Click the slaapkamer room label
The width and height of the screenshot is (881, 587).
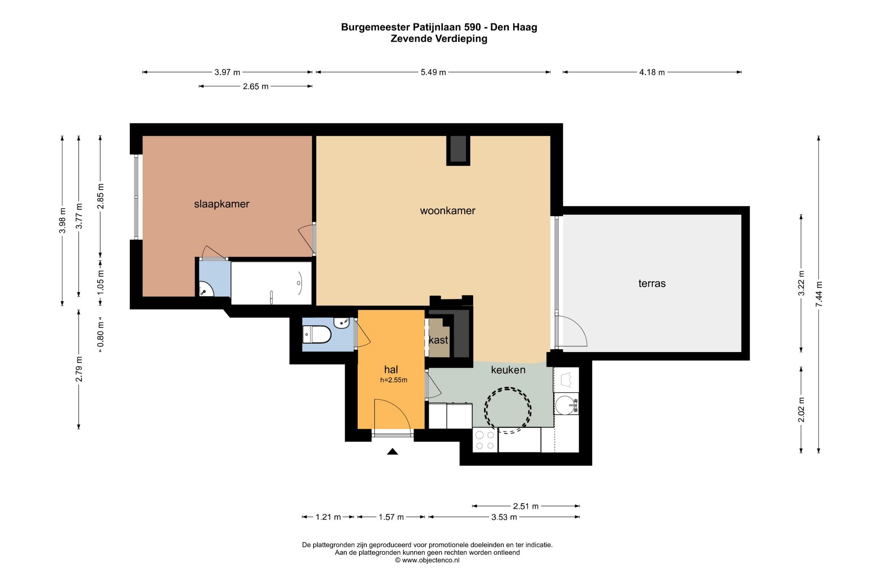coord(221,204)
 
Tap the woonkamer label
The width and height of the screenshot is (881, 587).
coord(447,211)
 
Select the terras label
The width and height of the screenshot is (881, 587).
coord(652,283)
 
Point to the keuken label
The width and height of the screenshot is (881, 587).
coord(508,370)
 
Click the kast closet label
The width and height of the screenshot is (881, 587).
coord(438,340)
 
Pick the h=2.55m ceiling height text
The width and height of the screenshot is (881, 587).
coord(394,380)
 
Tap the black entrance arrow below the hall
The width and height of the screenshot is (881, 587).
coord(392,451)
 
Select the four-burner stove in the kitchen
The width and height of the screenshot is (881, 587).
coord(485,440)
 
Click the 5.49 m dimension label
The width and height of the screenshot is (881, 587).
coord(433,73)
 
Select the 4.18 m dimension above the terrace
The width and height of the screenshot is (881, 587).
coord(652,73)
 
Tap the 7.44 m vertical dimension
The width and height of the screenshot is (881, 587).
coord(819,294)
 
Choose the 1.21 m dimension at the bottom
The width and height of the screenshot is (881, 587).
coord(328,517)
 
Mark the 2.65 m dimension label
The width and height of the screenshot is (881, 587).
coord(256,86)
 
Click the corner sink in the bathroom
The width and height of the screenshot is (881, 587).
coord(206,289)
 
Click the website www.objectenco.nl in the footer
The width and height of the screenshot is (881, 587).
coord(431,561)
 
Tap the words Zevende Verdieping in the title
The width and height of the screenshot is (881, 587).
coord(439,39)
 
